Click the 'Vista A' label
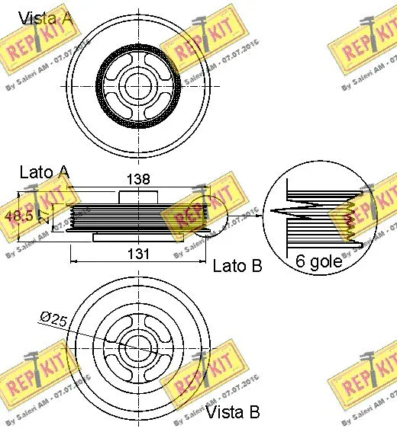(x=45, y=18)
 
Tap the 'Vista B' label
(x=233, y=412)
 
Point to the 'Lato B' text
(x=237, y=266)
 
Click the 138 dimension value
(x=138, y=179)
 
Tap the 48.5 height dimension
(x=18, y=216)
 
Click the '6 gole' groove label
(x=319, y=263)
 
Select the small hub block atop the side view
(x=137, y=196)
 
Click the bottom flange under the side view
(x=137, y=237)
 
